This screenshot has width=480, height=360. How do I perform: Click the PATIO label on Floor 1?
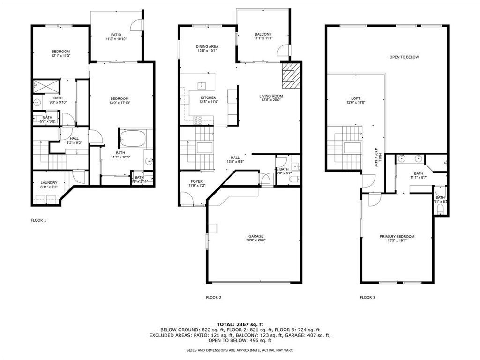(116, 35)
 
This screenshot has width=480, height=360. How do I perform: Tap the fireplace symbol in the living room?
(289, 75)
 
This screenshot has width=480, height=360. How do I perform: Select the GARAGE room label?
(256, 236)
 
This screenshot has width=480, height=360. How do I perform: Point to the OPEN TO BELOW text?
(404, 57)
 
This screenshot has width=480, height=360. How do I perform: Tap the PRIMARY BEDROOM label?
(397, 237)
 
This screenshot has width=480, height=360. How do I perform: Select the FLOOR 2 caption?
(213, 297)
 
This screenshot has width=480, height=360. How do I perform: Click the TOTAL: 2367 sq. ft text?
(240, 324)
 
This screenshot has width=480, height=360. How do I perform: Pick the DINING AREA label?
(207, 46)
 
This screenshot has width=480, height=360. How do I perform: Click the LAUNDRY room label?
(49, 183)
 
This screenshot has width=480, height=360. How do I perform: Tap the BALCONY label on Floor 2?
(263, 35)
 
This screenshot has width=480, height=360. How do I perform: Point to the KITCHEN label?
(208, 97)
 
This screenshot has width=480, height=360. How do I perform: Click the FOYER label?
(196, 181)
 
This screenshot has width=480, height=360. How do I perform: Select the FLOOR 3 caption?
(367, 297)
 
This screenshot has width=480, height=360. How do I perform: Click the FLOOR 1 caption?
(38, 220)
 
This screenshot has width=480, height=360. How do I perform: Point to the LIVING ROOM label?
(271, 96)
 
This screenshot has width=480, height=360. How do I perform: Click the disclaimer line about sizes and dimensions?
(240, 350)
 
